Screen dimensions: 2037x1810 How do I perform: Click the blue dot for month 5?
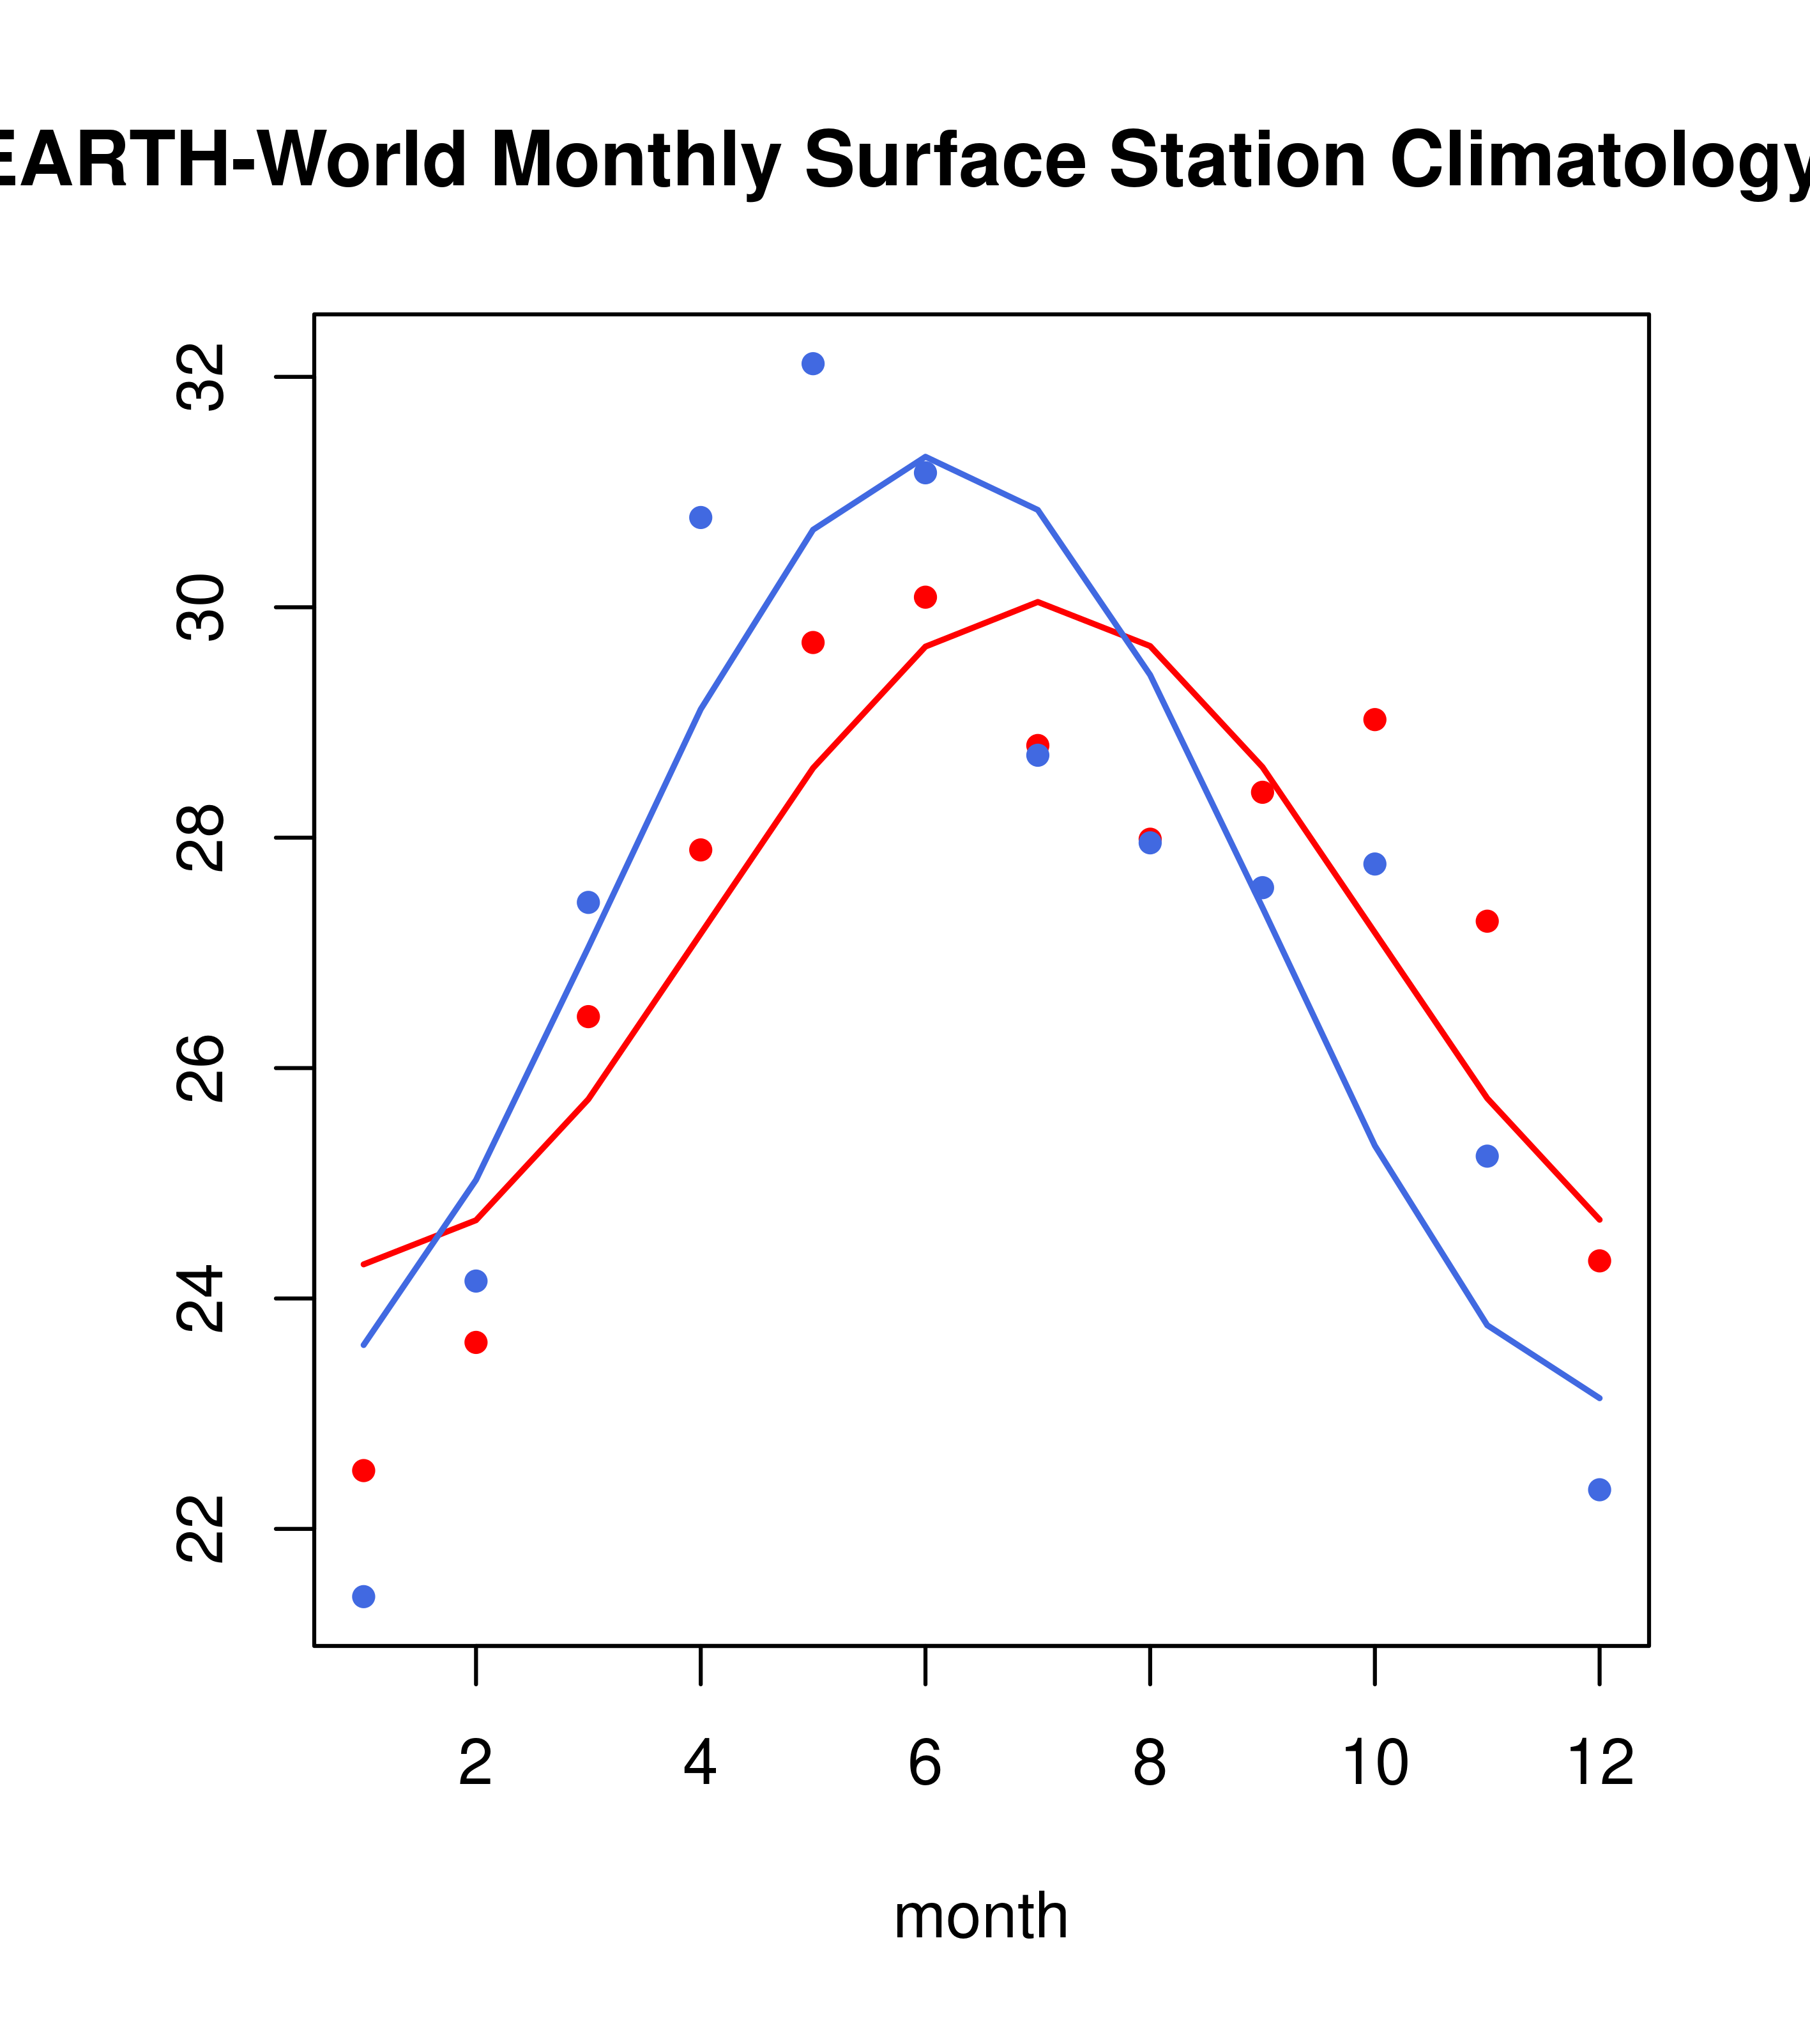(x=813, y=364)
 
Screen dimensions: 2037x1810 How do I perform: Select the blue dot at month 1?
(x=363, y=1597)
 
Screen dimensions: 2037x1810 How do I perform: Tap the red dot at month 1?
(x=363, y=1471)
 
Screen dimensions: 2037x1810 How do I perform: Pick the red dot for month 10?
(x=1374, y=719)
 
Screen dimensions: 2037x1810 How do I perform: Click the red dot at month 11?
(x=1487, y=922)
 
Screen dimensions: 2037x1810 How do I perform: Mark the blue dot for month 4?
(x=700, y=517)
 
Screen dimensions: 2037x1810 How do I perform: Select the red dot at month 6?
(x=925, y=597)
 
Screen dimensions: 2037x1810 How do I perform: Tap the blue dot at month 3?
(x=589, y=902)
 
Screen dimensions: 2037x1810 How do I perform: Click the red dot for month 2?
(x=476, y=1342)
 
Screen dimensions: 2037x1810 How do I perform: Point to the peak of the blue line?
(x=925, y=456)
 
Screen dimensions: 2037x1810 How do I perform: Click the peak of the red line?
(x=1038, y=602)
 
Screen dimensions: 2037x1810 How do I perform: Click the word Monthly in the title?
(x=635, y=162)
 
